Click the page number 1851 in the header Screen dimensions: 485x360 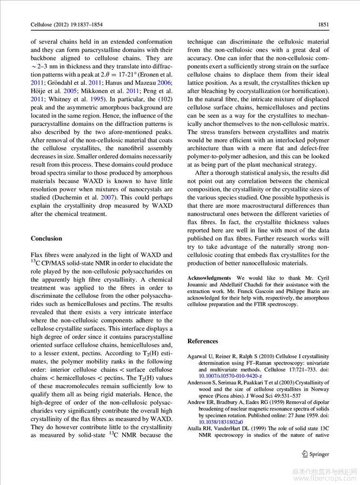point(323,24)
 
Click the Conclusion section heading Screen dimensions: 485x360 point(46,238)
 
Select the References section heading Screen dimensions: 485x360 point(203,341)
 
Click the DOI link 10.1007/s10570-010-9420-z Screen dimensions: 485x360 point(230,375)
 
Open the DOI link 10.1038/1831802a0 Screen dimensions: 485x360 point(218,422)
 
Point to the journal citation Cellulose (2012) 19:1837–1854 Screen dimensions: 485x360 point(65,24)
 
